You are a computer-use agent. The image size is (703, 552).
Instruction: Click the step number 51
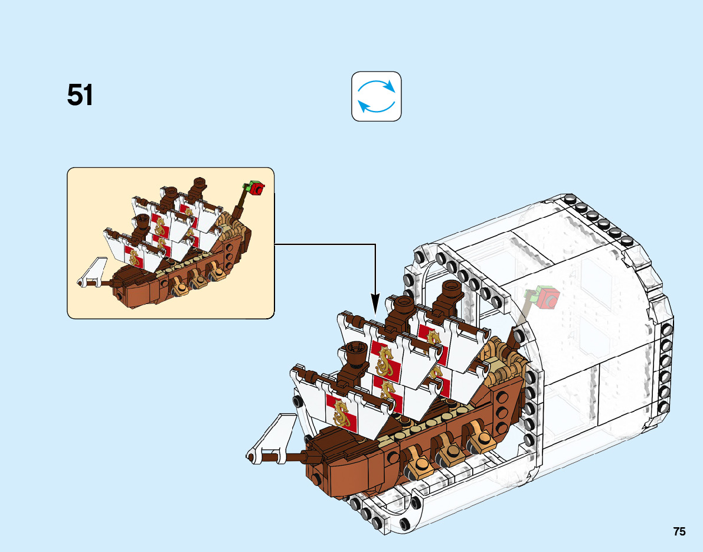80,95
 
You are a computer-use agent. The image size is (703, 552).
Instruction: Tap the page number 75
679,531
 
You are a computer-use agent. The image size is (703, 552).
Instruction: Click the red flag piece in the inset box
258,190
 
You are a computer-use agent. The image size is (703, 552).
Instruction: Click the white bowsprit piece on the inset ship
92,273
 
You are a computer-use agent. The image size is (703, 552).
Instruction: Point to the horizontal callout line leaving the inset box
325,243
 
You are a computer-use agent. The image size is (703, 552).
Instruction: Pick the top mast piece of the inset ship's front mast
142,222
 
